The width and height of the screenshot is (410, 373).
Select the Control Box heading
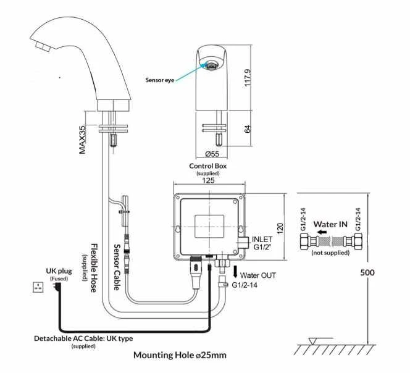[208, 166]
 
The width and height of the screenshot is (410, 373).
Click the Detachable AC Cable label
[83, 338]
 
